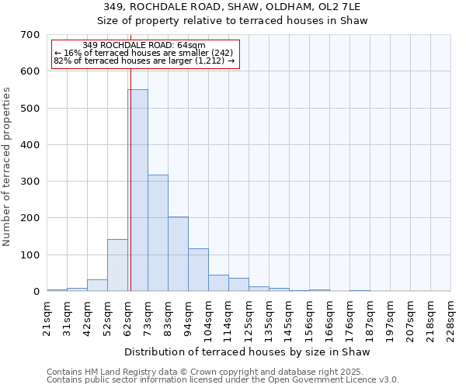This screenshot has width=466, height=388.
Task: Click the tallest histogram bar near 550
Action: point(137,190)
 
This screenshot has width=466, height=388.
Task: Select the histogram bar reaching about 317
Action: point(158,233)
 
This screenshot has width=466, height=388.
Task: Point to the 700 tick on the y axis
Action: point(30,35)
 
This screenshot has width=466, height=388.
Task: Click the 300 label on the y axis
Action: point(30,182)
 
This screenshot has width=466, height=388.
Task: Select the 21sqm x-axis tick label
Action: point(47,317)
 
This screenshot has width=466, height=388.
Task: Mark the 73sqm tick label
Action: point(148,317)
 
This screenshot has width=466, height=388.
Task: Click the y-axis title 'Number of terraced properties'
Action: point(8,167)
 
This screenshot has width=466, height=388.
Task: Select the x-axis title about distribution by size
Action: point(248,352)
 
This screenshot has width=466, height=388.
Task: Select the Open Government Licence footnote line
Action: point(223,380)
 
